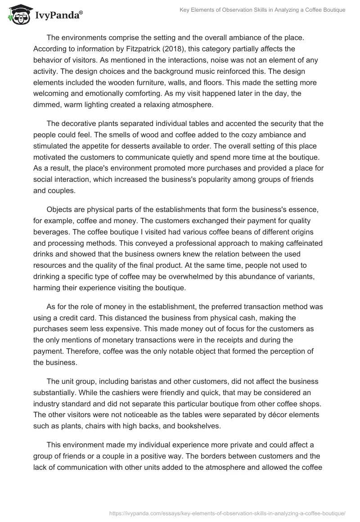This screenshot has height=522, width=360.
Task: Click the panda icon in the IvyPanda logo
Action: (18, 15)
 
